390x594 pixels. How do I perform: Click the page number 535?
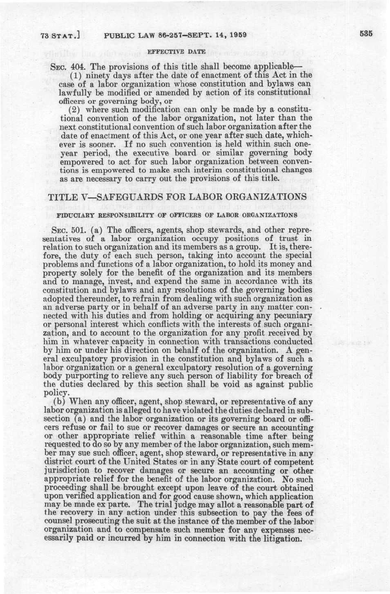[365, 34]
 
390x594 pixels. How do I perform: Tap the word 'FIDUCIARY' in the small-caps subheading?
[72, 214]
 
